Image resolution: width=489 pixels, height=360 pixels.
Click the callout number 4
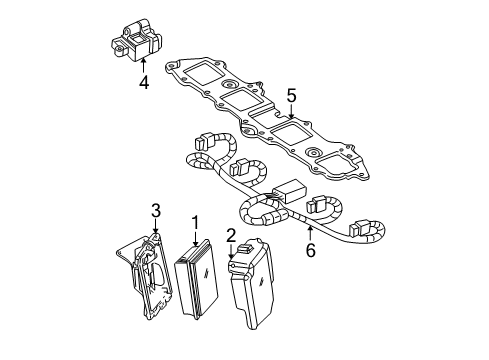coord(144,83)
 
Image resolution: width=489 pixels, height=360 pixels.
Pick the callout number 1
coord(196,224)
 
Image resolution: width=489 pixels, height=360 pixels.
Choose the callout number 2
coord(230,236)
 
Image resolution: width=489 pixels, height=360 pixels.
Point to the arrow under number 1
coord(195,243)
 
